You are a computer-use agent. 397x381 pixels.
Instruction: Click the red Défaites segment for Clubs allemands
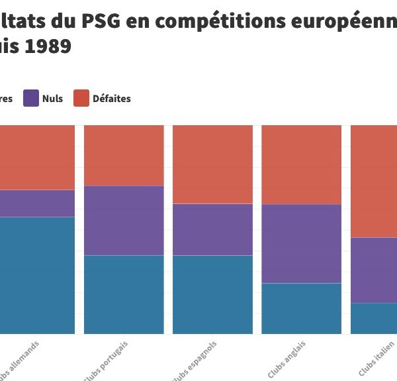[37, 157]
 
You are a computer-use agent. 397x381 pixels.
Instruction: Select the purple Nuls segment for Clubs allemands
[37, 203]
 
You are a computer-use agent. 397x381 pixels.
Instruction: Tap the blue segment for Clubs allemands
[37, 275]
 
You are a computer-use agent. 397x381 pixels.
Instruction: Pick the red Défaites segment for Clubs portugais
[124, 155]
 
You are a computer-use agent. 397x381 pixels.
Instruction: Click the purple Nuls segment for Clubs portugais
[124, 220]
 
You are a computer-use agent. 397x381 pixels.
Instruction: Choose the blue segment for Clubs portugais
[124, 294]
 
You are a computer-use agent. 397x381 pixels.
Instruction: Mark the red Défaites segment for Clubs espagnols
[212, 164]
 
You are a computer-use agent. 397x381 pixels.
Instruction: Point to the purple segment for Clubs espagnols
[212, 229]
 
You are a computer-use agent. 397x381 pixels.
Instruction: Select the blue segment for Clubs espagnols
[212, 294]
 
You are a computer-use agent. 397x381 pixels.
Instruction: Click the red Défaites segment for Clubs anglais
[301, 164]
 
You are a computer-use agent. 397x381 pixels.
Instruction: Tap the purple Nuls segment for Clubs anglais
[301, 243]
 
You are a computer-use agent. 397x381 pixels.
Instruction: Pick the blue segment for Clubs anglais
[301, 308]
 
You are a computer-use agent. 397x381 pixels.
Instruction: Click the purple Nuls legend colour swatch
[31, 98]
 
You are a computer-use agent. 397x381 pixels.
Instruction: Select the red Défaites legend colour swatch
[81, 98]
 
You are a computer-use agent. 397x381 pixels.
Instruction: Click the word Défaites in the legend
[112, 99]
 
